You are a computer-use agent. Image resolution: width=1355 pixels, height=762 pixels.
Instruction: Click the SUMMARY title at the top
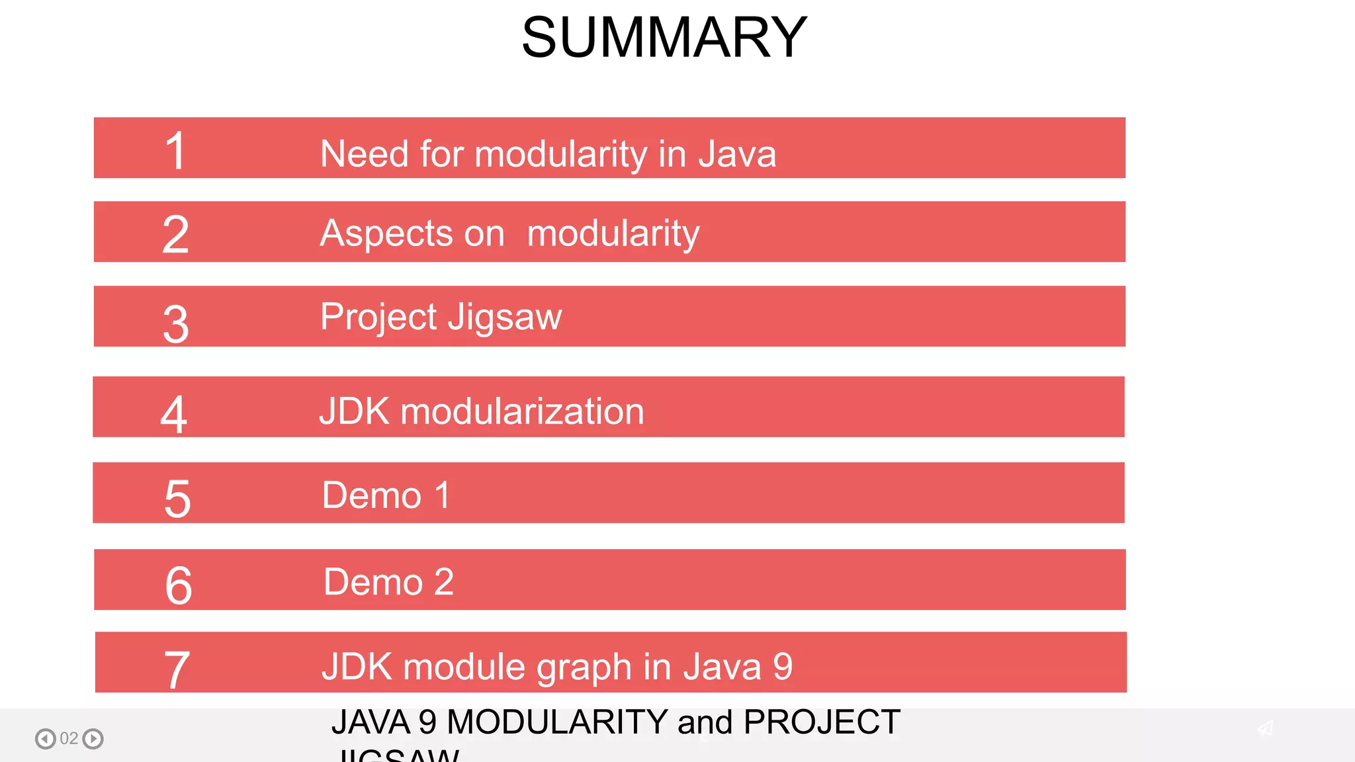click(x=664, y=37)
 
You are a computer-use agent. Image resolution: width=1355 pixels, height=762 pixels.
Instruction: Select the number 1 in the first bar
click(x=175, y=151)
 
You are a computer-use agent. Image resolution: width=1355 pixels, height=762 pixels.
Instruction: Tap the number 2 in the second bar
click(x=175, y=234)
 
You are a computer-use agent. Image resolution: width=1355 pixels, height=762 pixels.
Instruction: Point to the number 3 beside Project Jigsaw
click(x=175, y=324)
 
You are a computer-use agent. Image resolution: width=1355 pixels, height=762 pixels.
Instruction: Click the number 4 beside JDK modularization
click(x=174, y=414)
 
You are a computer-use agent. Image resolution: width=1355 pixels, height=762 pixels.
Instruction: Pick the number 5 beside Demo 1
click(x=177, y=499)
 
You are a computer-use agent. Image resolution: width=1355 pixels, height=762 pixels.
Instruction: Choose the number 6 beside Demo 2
click(x=178, y=585)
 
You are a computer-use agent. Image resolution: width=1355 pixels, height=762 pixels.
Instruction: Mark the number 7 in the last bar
click(x=177, y=669)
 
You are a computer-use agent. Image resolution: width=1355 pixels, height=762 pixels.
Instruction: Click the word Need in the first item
click(x=364, y=153)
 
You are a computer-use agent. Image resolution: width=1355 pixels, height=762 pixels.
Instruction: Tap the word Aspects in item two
click(x=386, y=233)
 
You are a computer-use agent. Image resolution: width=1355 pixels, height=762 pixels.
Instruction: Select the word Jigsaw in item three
click(x=505, y=317)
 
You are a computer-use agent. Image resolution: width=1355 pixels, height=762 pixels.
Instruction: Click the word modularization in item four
click(x=522, y=411)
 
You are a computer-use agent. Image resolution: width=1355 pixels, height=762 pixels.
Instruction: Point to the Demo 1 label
click(x=386, y=495)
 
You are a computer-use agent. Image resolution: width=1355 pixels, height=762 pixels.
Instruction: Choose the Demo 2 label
click(x=388, y=581)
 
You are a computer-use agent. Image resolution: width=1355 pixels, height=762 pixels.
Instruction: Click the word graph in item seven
click(x=584, y=667)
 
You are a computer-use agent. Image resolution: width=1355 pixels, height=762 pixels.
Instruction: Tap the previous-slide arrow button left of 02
click(x=45, y=738)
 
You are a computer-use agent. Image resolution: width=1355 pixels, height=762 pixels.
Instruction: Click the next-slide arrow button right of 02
click(x=93, y=738)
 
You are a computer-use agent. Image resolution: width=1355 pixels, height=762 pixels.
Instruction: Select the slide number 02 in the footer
click(x=69, y=738)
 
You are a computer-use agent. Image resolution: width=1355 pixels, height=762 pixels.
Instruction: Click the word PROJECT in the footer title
click(x=822, y=722)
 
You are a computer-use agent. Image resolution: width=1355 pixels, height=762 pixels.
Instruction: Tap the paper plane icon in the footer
click(x=1265, y=728)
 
